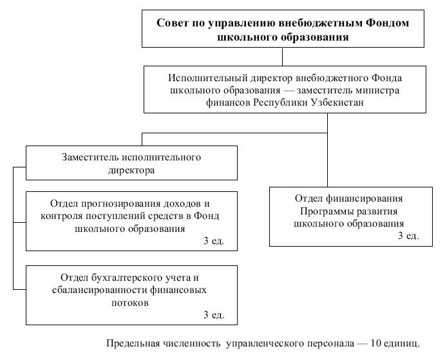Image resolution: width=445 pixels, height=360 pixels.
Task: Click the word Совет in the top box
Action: click(171, 23)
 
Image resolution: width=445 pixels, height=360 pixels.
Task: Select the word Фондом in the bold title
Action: click(387, 23)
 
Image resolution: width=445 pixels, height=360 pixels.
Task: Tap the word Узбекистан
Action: click(337, 102)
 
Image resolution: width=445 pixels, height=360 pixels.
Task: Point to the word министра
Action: click(376, 90)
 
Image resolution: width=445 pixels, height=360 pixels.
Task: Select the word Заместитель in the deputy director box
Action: click(90, 157)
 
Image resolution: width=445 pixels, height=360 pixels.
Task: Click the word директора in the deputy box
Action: click(131, 170)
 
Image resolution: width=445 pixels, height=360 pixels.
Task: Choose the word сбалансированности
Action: click(100, 290)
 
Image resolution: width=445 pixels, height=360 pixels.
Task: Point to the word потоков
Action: click(130, 303)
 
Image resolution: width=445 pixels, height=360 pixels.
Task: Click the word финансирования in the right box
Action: click(364, 198)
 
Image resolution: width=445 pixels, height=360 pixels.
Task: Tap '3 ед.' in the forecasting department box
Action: click(214, 241)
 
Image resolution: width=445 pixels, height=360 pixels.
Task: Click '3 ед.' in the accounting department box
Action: click(214, 314)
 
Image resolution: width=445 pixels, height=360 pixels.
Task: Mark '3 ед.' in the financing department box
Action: click(408, 236)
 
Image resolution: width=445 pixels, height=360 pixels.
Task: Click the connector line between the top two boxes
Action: click(282, 57)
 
